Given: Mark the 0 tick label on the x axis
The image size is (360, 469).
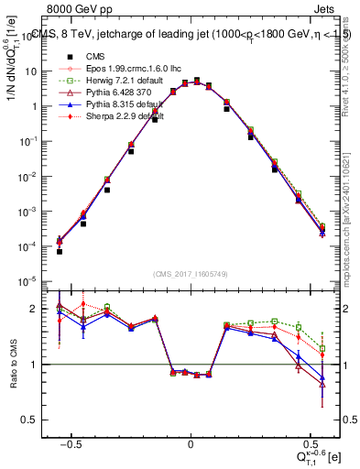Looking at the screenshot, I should point(191,442).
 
